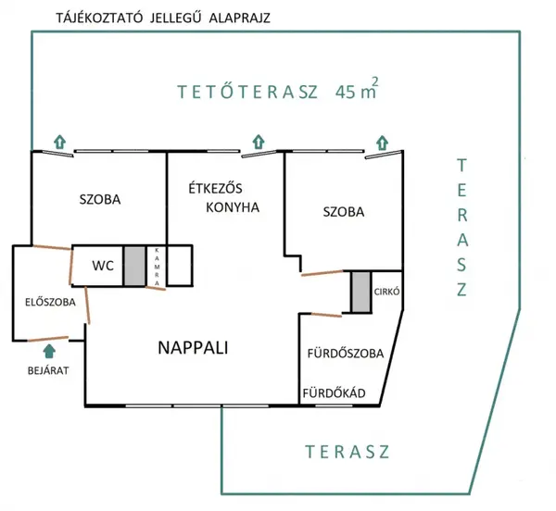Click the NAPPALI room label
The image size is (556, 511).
193,348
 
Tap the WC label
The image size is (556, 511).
103,266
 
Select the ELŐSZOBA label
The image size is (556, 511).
50,302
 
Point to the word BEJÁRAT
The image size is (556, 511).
48,371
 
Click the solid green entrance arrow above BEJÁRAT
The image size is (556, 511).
49,351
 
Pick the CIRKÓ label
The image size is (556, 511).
386,292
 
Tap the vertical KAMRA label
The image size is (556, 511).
158,267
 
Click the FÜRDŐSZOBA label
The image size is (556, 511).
346,354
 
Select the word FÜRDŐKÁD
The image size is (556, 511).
334,393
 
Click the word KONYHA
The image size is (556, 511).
233,207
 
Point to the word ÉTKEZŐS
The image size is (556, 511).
215,189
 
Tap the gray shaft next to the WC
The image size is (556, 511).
134,266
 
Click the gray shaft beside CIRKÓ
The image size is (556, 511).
361,293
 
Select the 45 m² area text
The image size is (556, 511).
357,89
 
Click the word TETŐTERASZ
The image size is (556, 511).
247,92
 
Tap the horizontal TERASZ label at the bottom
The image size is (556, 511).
347,452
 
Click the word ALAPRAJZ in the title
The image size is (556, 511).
240,18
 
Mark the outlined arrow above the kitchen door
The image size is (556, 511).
259,142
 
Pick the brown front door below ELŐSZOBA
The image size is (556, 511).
48,339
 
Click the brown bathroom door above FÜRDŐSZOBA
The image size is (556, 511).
326,315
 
